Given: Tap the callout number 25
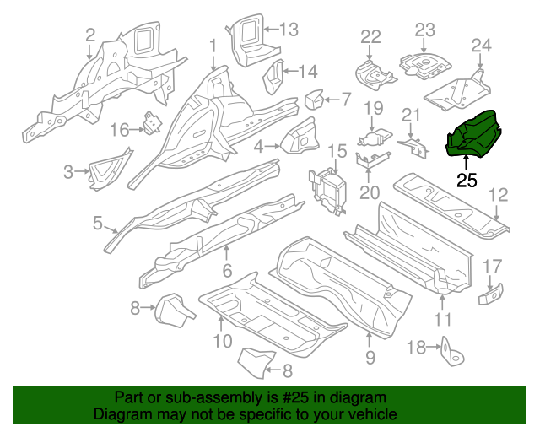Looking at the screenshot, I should pyautogui.click(x=467, y=180).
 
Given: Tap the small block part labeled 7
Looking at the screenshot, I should pyautogui.click(x=313, y=100).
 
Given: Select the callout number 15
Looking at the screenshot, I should pyautogui.click(x=337, y=151).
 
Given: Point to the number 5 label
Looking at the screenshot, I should pyautogui.click(x=98, y=224).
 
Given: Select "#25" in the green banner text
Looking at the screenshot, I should pyautogui.click(x=297, y=397).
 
